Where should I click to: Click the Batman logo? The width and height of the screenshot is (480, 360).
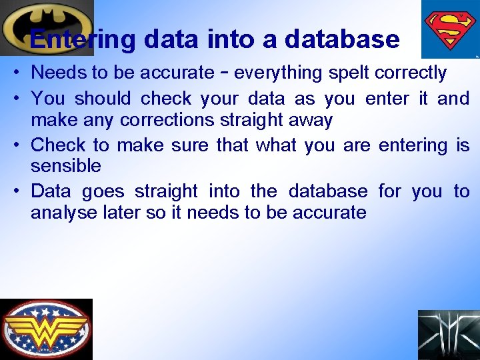45,27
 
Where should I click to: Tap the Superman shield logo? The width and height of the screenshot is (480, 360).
449,29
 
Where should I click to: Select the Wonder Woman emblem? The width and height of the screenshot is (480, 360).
46,329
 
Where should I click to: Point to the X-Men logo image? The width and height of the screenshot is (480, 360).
448,335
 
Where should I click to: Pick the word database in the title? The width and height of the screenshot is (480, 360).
341,39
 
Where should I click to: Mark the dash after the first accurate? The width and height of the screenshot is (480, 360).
226,72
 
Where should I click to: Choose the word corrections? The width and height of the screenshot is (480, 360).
168,121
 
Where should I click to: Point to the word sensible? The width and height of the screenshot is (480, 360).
66,165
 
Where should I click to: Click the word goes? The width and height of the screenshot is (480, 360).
103,192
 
